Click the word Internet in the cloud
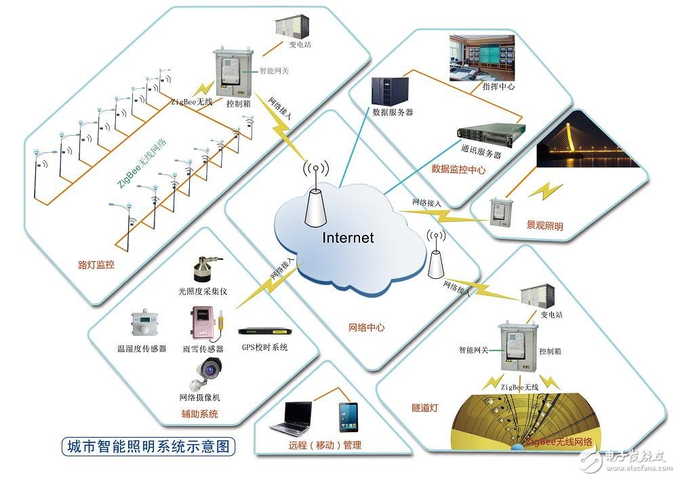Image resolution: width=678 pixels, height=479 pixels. [x=347, y=237]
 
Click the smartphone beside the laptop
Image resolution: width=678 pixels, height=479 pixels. [x=348, y=417]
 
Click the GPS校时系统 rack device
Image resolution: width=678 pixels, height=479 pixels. [x=264, y=332]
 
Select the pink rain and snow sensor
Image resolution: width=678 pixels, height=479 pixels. [x=203, y=324]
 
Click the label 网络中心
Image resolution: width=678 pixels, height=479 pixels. [x=366, y=327]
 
